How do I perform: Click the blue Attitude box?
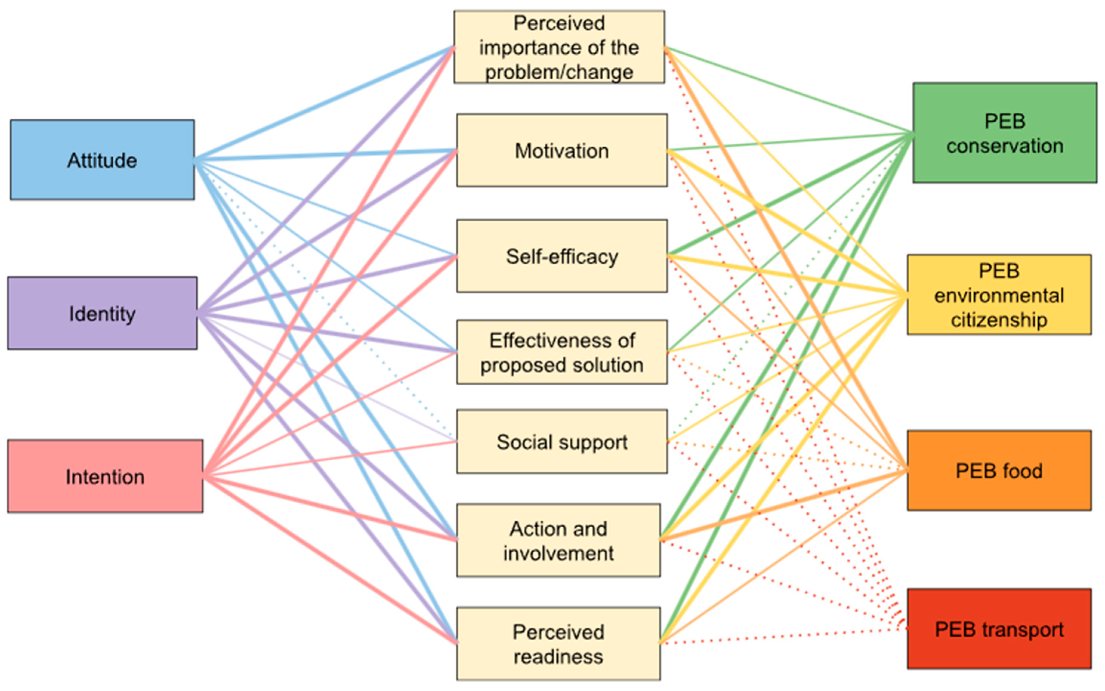click(102, 160)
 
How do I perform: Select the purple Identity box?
click(102, 313)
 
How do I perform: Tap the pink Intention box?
click(105, 476)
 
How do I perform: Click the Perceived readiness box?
click(558, 644)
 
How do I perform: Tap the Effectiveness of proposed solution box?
click(562, 352)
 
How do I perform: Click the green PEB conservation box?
click(1004, 132)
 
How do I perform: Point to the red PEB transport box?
click(999, 629)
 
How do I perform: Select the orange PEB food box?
click(999, 470)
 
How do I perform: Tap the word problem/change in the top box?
click(559, 72)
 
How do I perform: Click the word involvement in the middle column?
click(558, 554)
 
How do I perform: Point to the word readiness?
click(558, 657)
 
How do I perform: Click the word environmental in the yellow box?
click(999, 295)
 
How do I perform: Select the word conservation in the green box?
click(1004, 146)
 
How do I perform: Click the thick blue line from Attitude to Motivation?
click(320, 155)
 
